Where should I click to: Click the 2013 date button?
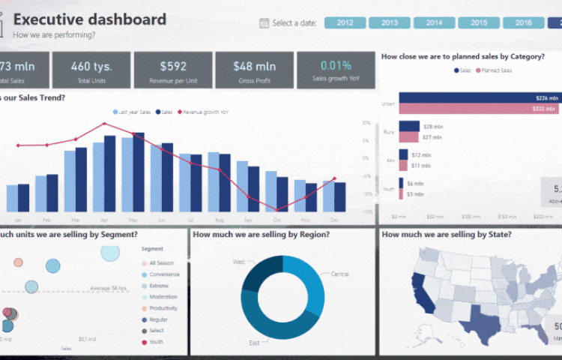click(x=390, y=22)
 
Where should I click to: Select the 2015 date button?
click(x=479, y=22)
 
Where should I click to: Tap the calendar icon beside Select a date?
click(x=264, y=22)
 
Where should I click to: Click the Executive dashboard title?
click(x=90, y=19)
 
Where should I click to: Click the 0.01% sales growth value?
click(x=336, y=65)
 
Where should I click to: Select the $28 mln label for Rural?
click(x=432, y=127)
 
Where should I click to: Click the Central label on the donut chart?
click(x=339, y=274)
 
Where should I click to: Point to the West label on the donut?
click(x=239, y=262)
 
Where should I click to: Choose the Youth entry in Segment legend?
click(x=156, y=342)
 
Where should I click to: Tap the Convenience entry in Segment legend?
click(x=163, y=274)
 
